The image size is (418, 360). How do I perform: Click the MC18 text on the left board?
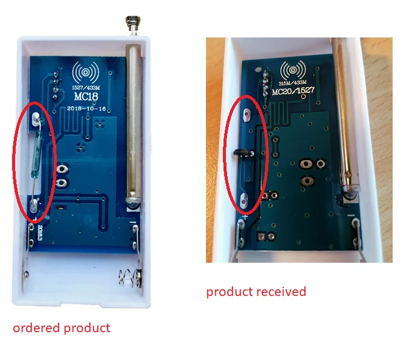coord(85,95)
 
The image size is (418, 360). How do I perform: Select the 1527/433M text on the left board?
coord(85,87)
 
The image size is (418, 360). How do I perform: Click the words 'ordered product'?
coord(62,328)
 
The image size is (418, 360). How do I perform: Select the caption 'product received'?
coord(256,292)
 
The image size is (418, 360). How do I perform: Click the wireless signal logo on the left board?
coord(85,72)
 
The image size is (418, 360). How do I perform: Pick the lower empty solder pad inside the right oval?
coord(245,199)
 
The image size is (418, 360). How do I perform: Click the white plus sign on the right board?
coord(246,217)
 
